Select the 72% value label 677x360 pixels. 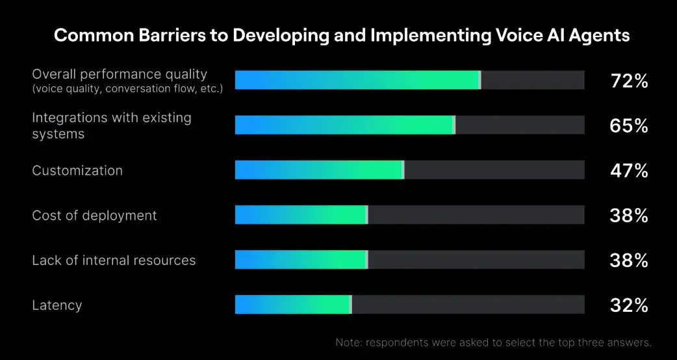pos(629,81)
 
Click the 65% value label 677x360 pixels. pos(629,125)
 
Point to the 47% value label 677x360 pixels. pos(629,171)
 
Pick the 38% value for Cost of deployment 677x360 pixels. pos(629,215)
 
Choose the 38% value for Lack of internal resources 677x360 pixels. pos(629,261)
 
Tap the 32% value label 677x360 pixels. pos(629,305)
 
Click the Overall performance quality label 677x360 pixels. pos(120,75)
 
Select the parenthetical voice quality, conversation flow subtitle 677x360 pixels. pos(127,89)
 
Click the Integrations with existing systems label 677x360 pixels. pos(111,125)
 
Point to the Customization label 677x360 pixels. pos(77,170)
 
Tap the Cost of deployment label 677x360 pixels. pos(95,215)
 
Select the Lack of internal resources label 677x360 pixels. pos(114,261)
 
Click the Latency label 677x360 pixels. pos(57,305)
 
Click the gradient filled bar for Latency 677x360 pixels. pos(294,304)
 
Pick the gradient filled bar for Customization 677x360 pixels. pos(320,170)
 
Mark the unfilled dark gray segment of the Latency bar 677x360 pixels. pos(468,304)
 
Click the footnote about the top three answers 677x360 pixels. pos(494,342)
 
